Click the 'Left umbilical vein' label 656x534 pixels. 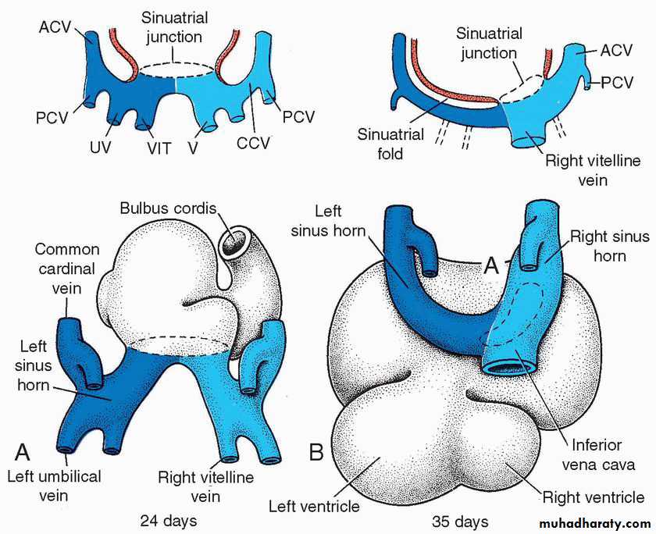[54, 484]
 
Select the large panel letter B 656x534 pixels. [317, 451]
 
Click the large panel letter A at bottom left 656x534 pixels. [23, 450]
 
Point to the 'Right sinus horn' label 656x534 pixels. [609, 246]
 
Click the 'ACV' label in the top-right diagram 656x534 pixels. [616, 51]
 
